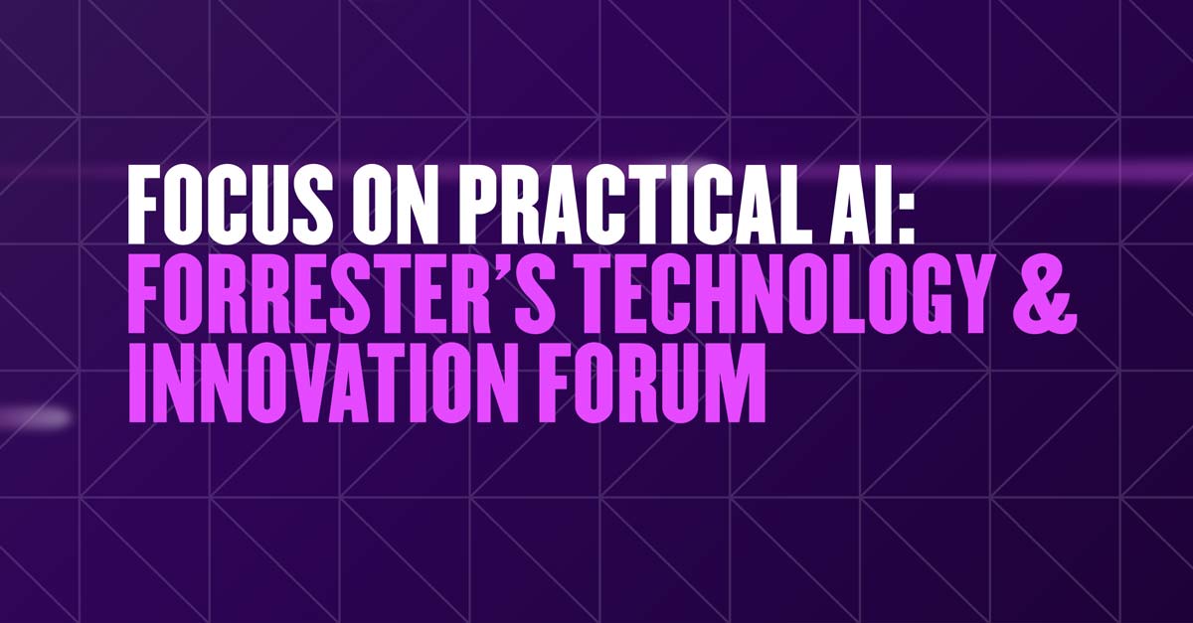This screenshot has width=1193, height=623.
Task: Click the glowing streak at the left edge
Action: (x=35, y=417)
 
